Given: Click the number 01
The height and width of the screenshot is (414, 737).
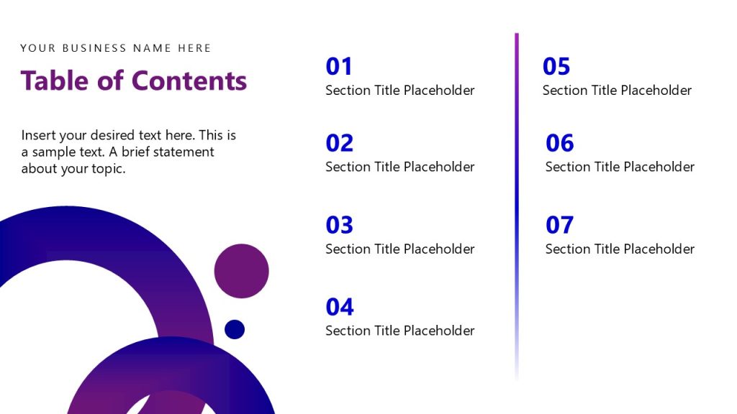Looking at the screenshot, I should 339,67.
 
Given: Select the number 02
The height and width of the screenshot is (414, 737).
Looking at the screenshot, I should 339,143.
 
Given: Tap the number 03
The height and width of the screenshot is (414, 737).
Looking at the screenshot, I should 339,225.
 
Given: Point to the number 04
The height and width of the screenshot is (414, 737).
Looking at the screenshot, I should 339,307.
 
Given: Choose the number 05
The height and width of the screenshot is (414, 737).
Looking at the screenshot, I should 556,67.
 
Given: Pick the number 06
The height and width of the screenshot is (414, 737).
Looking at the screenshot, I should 559,143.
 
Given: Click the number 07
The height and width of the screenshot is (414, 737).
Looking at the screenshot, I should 559,225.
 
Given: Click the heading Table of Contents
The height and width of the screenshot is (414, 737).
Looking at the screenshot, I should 134,80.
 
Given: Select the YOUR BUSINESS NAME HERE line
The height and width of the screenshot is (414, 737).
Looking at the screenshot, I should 116,48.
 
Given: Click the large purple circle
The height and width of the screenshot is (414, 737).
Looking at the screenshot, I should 241,271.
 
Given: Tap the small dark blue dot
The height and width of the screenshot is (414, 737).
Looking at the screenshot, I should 235,329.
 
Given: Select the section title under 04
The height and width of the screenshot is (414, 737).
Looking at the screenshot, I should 400,331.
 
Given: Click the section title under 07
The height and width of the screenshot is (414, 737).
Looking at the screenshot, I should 620,249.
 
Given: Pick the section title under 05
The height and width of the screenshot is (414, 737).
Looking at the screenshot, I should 617,91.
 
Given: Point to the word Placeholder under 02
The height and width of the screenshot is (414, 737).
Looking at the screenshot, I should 439,167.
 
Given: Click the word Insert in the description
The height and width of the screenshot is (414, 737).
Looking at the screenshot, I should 38,135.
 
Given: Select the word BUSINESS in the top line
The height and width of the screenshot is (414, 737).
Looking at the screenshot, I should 95,48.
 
